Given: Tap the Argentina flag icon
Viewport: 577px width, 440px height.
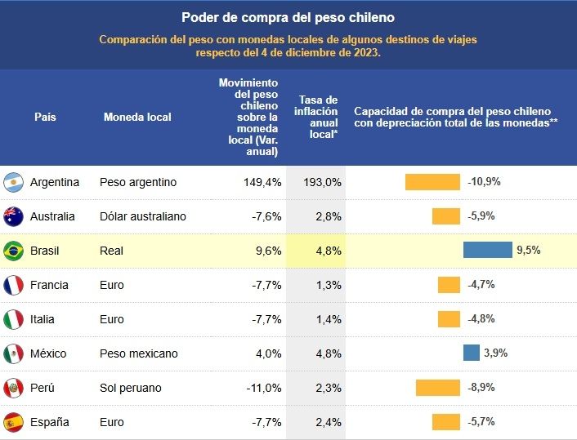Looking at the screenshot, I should (13, 182).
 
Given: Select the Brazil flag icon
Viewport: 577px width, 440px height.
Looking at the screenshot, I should (13, 251).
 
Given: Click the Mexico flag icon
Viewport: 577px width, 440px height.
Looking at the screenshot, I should (13, 353).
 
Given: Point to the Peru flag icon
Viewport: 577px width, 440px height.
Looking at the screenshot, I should (13, 388).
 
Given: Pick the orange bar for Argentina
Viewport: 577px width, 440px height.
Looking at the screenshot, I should (432, 182).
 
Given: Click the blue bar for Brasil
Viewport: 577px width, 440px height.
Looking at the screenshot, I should (487, 251).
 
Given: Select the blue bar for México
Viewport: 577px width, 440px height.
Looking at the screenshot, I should (471, 353).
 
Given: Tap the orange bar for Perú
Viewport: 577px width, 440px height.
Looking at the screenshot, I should (437, 388).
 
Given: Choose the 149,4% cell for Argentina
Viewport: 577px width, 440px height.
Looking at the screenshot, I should (262, 182).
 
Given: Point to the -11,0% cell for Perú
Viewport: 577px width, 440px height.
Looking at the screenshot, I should (263, 388).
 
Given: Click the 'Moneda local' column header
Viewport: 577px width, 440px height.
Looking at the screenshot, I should (137, 117).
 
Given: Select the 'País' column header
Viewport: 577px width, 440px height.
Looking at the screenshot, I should (45, 117).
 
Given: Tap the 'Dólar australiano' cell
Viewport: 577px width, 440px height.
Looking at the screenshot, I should (142, 216).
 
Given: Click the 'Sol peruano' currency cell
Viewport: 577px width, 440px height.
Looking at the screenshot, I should (130, 388).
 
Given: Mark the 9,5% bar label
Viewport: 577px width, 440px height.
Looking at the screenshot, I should (528, 251).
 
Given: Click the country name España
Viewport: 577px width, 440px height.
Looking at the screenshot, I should (49, 422).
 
